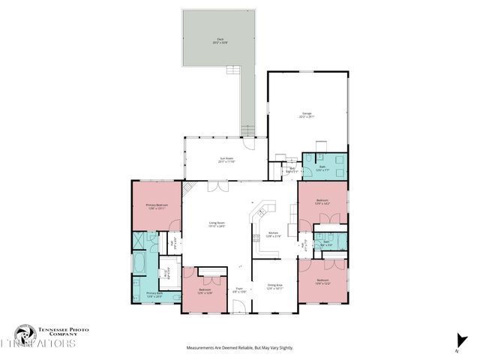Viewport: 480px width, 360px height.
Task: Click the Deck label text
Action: [220, 41]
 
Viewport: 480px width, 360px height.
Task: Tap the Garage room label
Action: [307, 115]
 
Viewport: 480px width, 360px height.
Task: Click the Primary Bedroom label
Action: [156, 206]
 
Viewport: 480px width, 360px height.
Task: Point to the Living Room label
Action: [217, 224]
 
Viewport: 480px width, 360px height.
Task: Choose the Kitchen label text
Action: [274, 235]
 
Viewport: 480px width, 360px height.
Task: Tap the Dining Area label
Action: [274, 287]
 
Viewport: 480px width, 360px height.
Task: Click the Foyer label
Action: [239, 289]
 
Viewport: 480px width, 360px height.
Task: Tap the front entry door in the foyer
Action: [238, 307]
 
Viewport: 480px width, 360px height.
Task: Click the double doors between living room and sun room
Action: [213, 184]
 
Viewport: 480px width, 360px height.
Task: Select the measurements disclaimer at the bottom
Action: [239, 348]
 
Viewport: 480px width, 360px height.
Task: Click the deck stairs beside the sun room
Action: [247, 131]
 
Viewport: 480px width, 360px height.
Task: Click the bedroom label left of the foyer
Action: [205, 291]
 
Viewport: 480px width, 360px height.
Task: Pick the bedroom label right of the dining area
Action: [323, 282]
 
